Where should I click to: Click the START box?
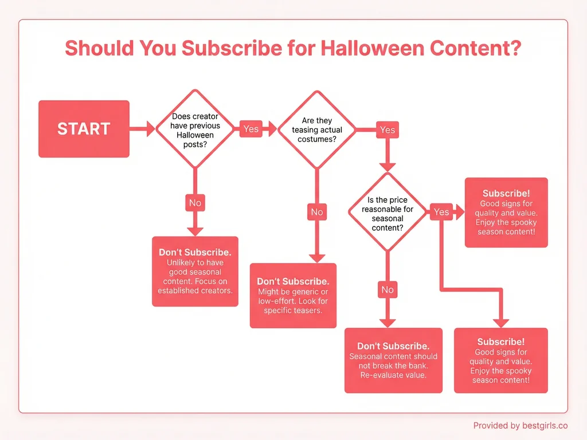84,129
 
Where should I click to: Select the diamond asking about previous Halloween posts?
195,129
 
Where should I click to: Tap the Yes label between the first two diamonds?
251,129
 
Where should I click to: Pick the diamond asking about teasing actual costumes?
317,129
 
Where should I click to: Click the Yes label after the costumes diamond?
388,130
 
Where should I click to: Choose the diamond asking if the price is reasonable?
388,212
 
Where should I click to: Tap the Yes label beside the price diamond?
441,212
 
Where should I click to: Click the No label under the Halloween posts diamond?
195,203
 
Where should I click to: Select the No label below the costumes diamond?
317,212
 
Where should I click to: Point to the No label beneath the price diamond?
388,290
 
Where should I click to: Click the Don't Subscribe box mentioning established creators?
195,272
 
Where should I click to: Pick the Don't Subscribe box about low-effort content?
293,296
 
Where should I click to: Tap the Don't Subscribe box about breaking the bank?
393,360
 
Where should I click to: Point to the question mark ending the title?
515,48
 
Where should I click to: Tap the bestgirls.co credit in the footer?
520,426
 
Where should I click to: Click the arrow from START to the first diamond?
142,129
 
